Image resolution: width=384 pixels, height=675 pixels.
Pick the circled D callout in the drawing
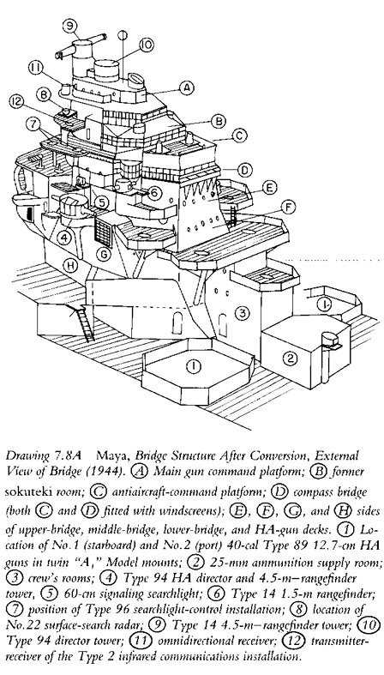245,171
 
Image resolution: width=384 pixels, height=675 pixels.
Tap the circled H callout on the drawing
70,265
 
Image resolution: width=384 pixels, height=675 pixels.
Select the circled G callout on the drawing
105,255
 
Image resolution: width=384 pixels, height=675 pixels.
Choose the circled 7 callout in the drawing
32,127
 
